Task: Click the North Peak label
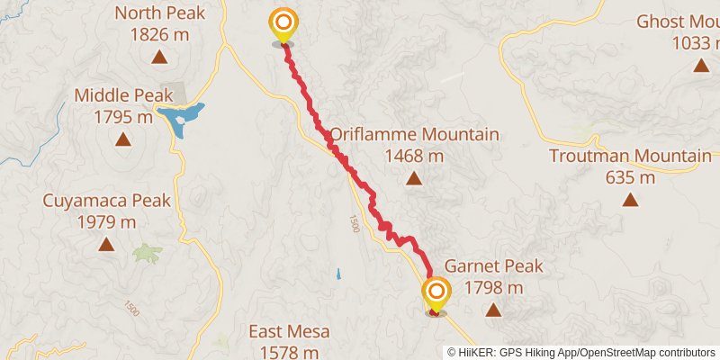159,13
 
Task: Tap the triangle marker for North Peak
159,58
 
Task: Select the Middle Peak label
122,94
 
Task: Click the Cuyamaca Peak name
106,200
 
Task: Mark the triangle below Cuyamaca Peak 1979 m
106,244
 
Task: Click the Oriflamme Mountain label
414,135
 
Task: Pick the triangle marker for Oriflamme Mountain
414,178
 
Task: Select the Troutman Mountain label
630,157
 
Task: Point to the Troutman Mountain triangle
630,200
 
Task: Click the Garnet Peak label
493,267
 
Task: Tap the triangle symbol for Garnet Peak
493,310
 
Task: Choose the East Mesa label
290,332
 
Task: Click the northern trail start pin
283,23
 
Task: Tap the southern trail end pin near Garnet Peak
436,293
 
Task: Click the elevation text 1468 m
414,156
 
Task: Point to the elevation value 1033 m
695,42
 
